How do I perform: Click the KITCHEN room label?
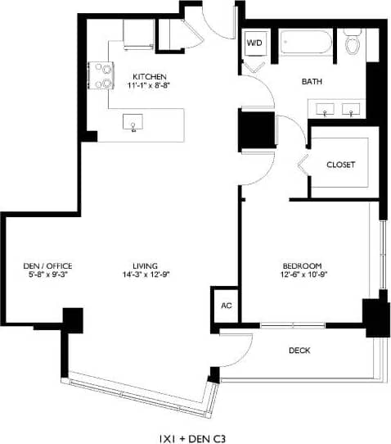click(x=150, y=75)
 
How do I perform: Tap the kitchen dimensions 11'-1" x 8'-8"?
click(x=150, y=84)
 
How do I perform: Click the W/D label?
click(x=254, y=42)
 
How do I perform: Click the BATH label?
click(x=311, y=82)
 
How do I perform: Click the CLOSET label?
click(x=340, y=165)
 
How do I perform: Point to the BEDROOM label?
click(x=303, y=265)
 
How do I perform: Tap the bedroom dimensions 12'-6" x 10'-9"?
click(x=303, y=275)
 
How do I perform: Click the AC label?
click(x=226, y=306)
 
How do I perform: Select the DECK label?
click(x=299, y=351)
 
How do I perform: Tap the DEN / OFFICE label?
click(x=47, y=265)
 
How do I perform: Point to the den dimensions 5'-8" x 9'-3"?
click(x=47, y=275)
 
